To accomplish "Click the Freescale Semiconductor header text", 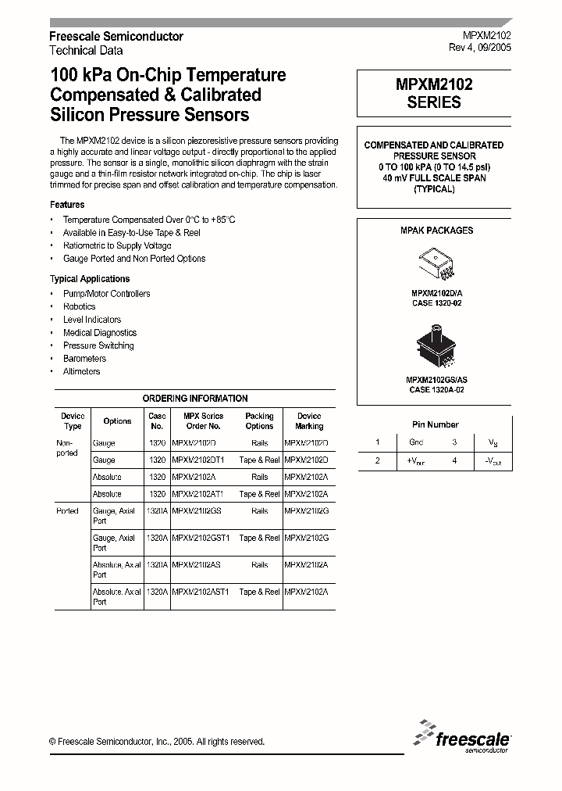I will click(x=116, y=37).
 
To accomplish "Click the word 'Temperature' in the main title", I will click(x=238, y=76).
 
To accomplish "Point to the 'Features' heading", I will click(x=67, y=205).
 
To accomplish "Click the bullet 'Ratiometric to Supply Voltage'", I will click(x=117, y=245).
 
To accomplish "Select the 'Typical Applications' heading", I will click(x=90, y=279).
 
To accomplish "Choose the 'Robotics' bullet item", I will click(x=79, y=306).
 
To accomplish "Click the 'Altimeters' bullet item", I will click(x=81, y=371).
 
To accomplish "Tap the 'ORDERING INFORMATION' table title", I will click(x=195, y=399).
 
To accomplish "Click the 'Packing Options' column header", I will click(x=259, y=421).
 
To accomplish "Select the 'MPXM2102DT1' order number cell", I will click(x=197, y=460).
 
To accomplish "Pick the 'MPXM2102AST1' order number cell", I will click(x=200, y=592).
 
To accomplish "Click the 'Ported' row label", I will click(x=68, y=510).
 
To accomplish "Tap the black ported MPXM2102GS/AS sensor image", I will click(x=435, y=346).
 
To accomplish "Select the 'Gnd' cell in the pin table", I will click(x=415, y=442).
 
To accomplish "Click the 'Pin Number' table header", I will click(x=435, y=424).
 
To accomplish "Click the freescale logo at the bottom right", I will click(x=464, y=736).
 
